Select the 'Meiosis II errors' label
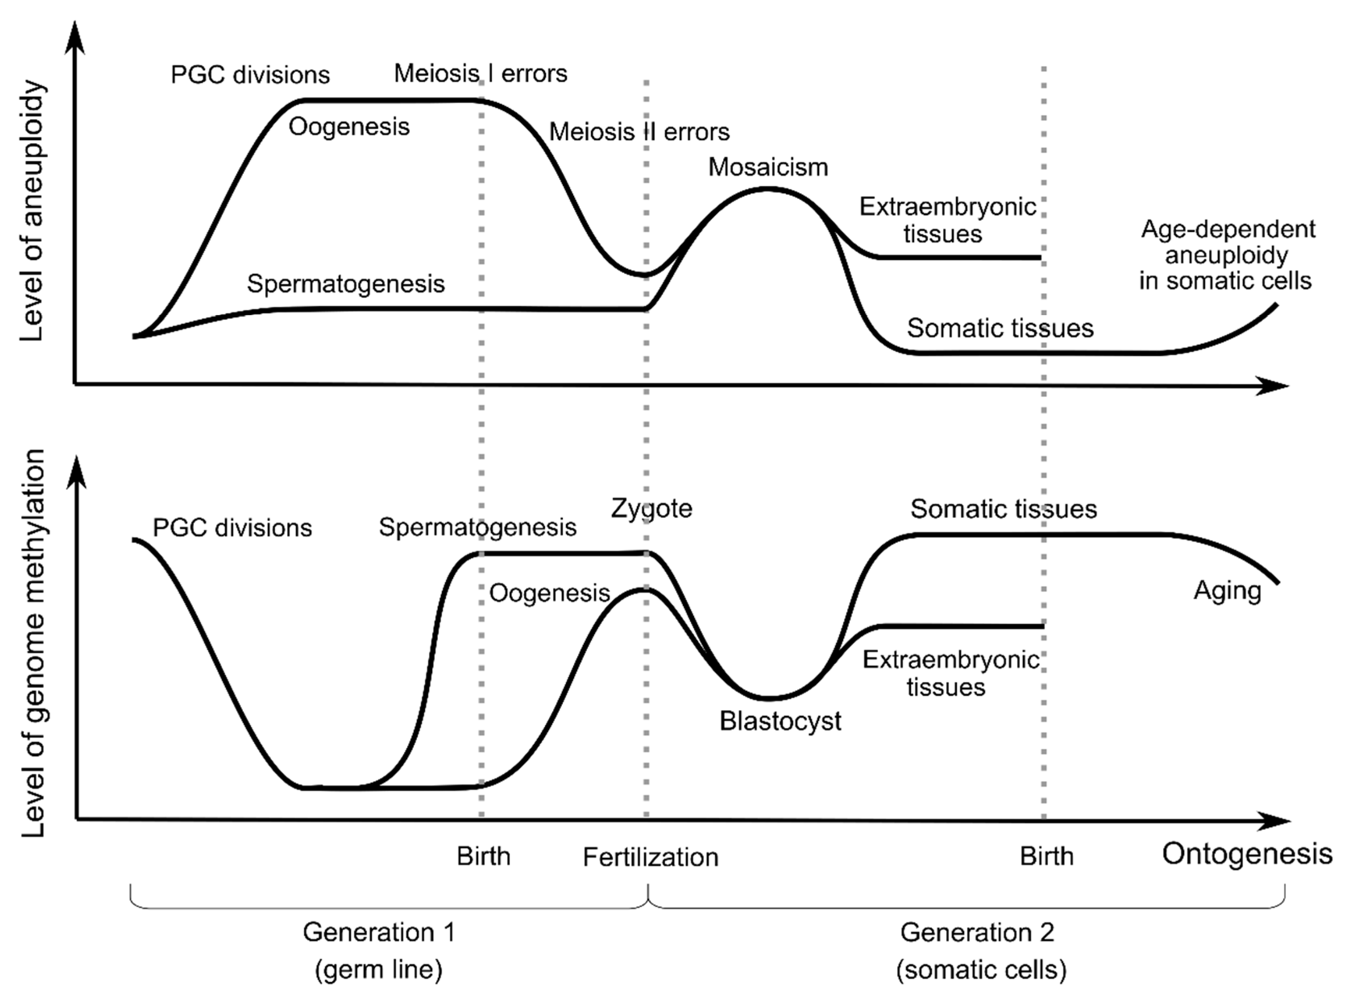[639, 132]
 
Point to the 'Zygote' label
[651, 509]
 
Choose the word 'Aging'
[1227, 591]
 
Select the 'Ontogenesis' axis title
[1247, 854]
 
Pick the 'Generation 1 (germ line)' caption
[379, 951]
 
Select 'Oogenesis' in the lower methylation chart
[549, 593]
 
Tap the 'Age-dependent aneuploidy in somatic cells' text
[1226, 255]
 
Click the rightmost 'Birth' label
[1047, 857]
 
